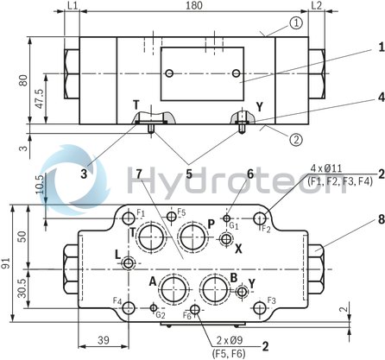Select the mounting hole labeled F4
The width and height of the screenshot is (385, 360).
click(x=129, y=308)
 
